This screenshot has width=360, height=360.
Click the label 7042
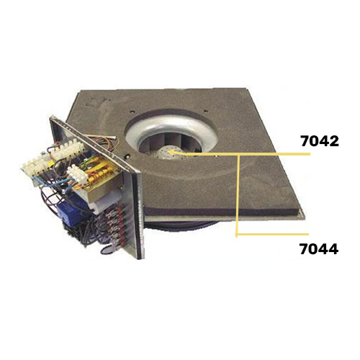(x=320, y=141)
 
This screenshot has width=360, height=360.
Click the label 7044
(x=319, y=248)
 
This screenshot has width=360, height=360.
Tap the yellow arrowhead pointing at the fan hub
(x=174, y=152)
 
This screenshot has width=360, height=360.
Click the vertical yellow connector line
(x=238, y=196)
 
